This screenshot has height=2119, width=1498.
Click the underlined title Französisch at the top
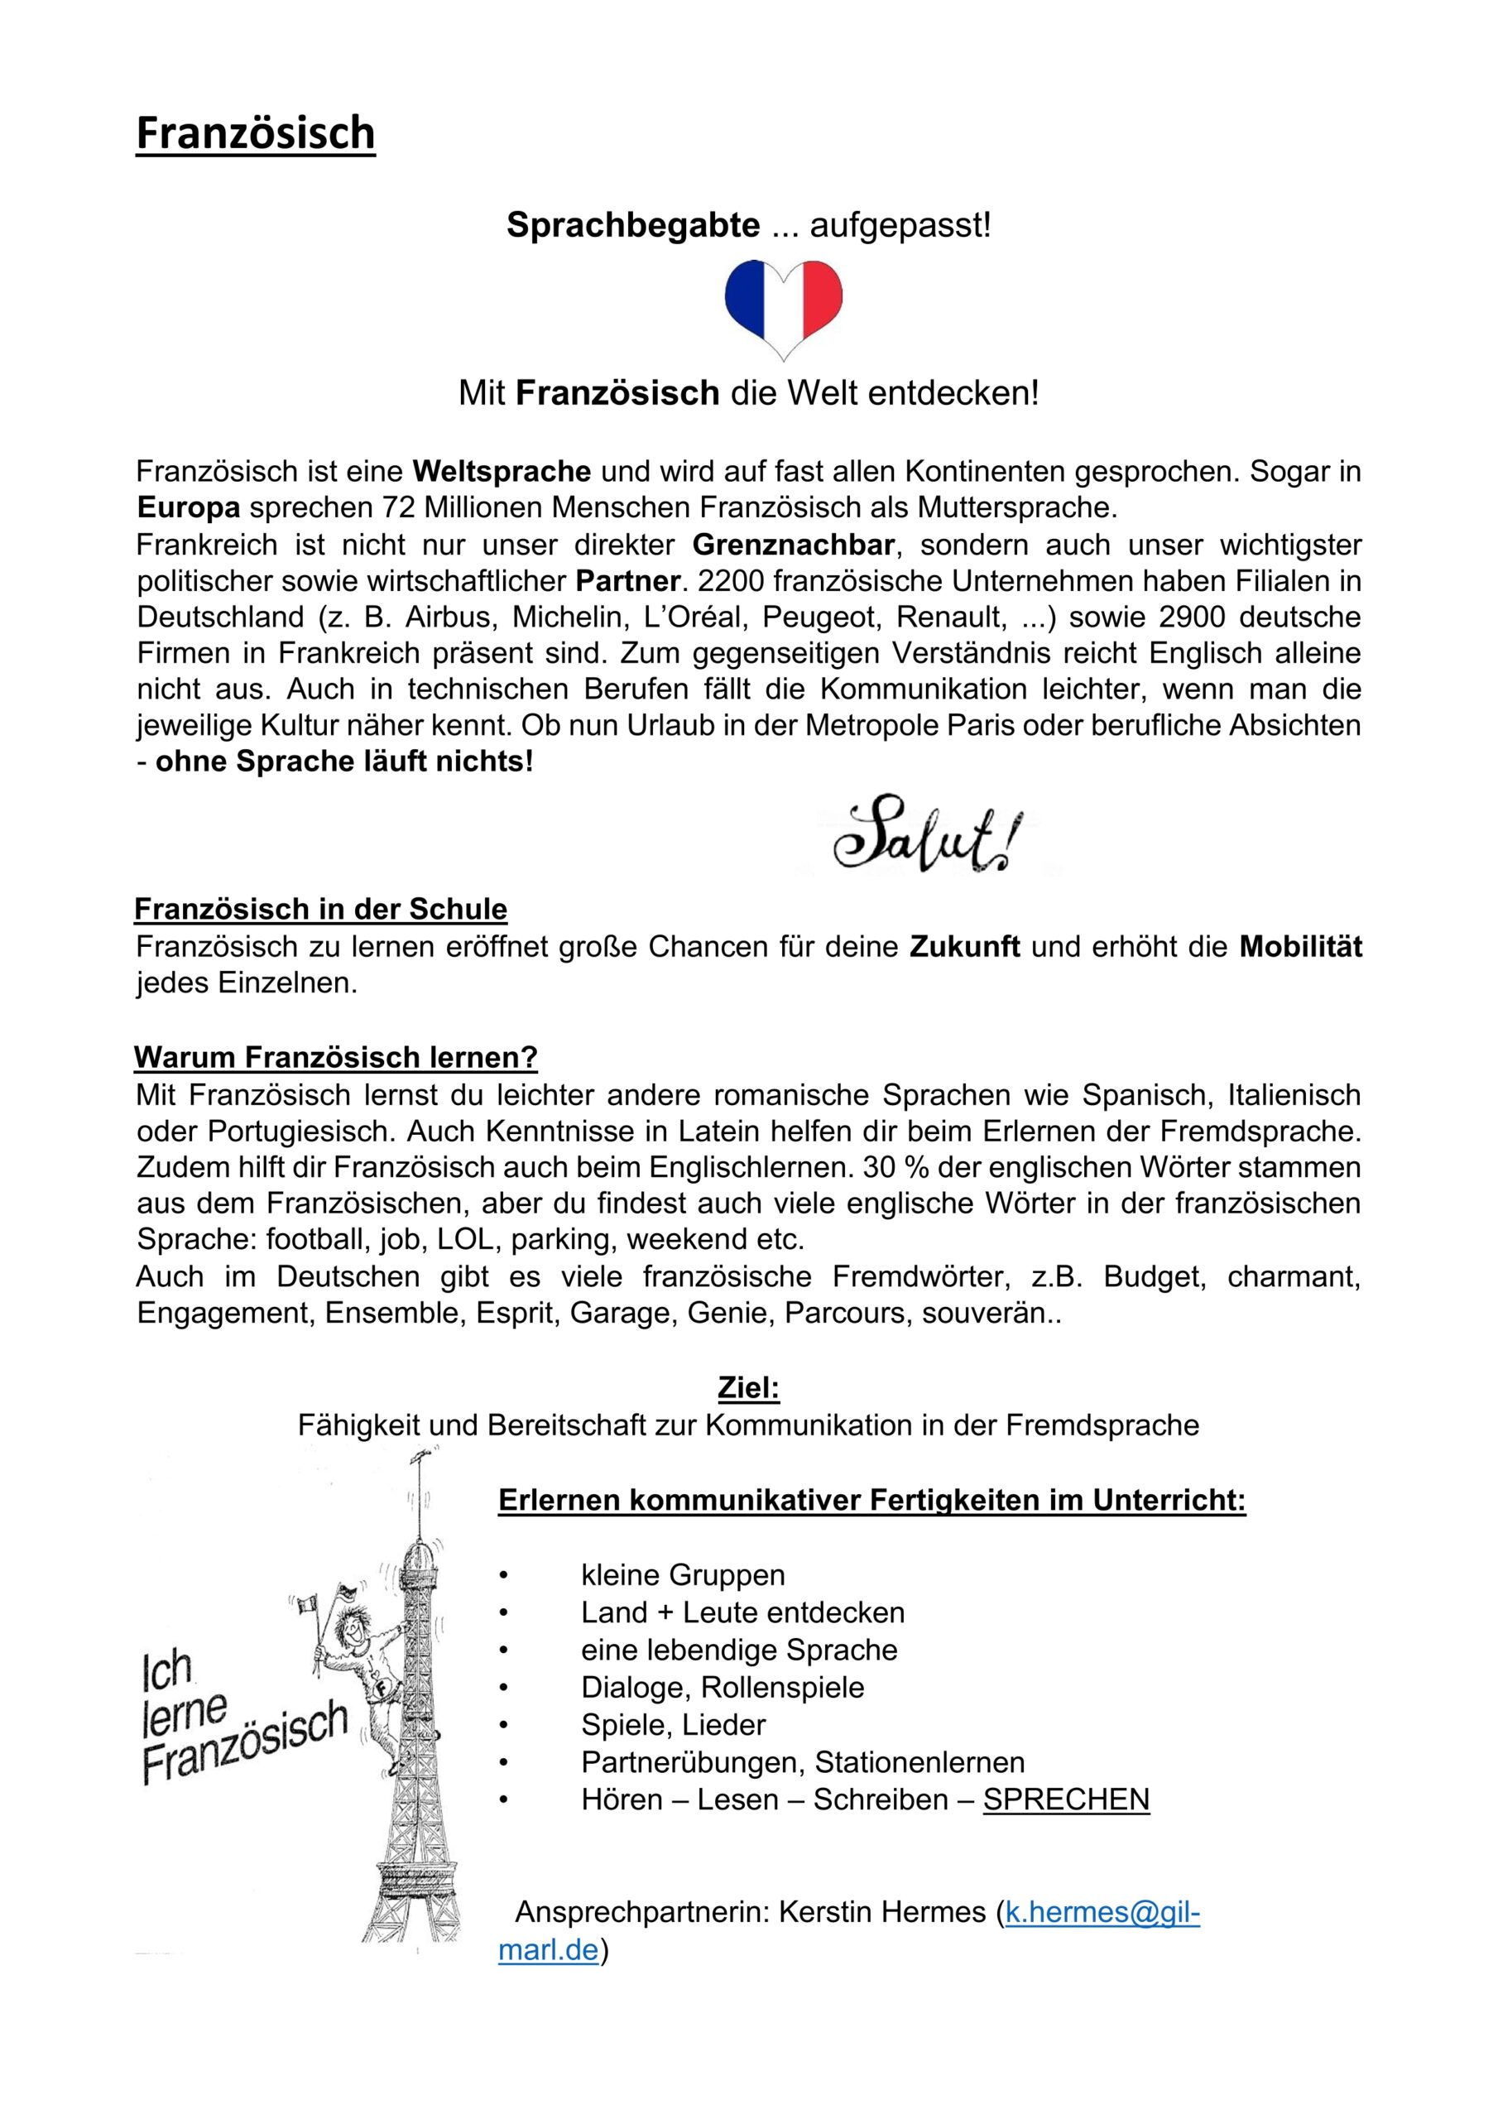(256, 133)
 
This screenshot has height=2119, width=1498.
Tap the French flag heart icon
(784, 308)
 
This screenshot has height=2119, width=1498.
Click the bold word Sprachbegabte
(633, 225)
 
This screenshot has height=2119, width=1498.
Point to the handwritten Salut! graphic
(928, 836)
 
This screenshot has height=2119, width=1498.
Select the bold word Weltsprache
(502, 472)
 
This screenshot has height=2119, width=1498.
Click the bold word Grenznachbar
(793, 545)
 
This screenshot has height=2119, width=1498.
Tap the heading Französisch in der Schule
(321, 909)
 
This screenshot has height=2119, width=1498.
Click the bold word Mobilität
(1300, 946)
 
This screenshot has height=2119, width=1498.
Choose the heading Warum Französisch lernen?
(336, 1057)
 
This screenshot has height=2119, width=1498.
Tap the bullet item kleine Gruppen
(683, 1574)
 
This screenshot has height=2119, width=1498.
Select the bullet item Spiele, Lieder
(673, 1724)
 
